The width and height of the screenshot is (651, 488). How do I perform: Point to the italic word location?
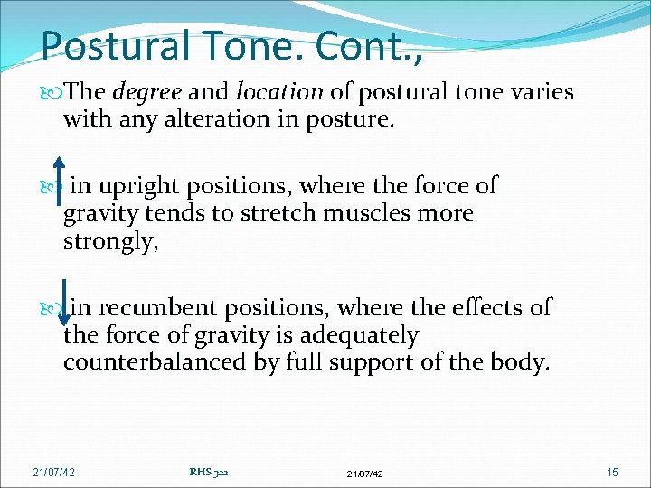coord(278,92)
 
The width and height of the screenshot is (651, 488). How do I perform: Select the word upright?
coord(137,187)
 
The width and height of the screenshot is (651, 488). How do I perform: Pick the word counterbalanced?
coord(159,362)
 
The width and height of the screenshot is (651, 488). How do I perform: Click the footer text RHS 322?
coord(209,471)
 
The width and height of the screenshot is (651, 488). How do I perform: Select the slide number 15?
coord(613,472)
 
